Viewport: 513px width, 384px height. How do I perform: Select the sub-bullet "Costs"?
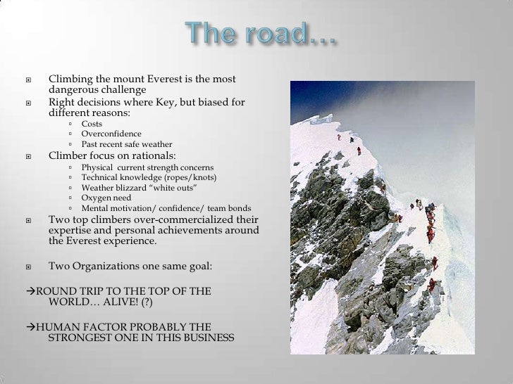tap(92, 124)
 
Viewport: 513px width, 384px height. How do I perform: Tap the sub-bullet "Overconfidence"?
tap(111, 134)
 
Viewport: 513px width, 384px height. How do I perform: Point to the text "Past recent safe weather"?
tap(128, 145)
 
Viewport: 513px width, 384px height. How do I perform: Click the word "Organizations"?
tap(113, 267)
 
